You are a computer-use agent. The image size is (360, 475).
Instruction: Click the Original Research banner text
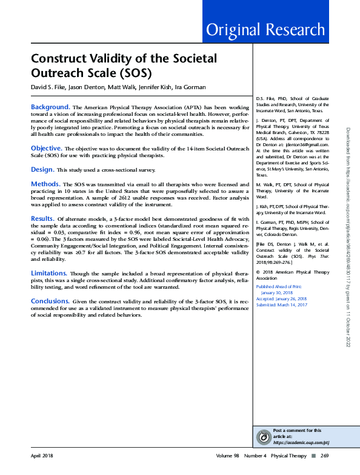pyautogui.click(x=265, y=29)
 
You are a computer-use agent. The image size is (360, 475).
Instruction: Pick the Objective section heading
pyautogui.click(x=46, y=148)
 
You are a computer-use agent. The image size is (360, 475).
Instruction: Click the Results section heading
pyautogui.click(x=43, y=218)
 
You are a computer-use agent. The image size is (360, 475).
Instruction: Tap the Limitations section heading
pyautogui.click(x=49, y=274)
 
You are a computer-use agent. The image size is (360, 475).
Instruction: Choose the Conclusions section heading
pyautogui.click(x=50, y=301)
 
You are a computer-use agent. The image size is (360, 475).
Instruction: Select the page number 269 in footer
pyautogui.click(x=324, y=455)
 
